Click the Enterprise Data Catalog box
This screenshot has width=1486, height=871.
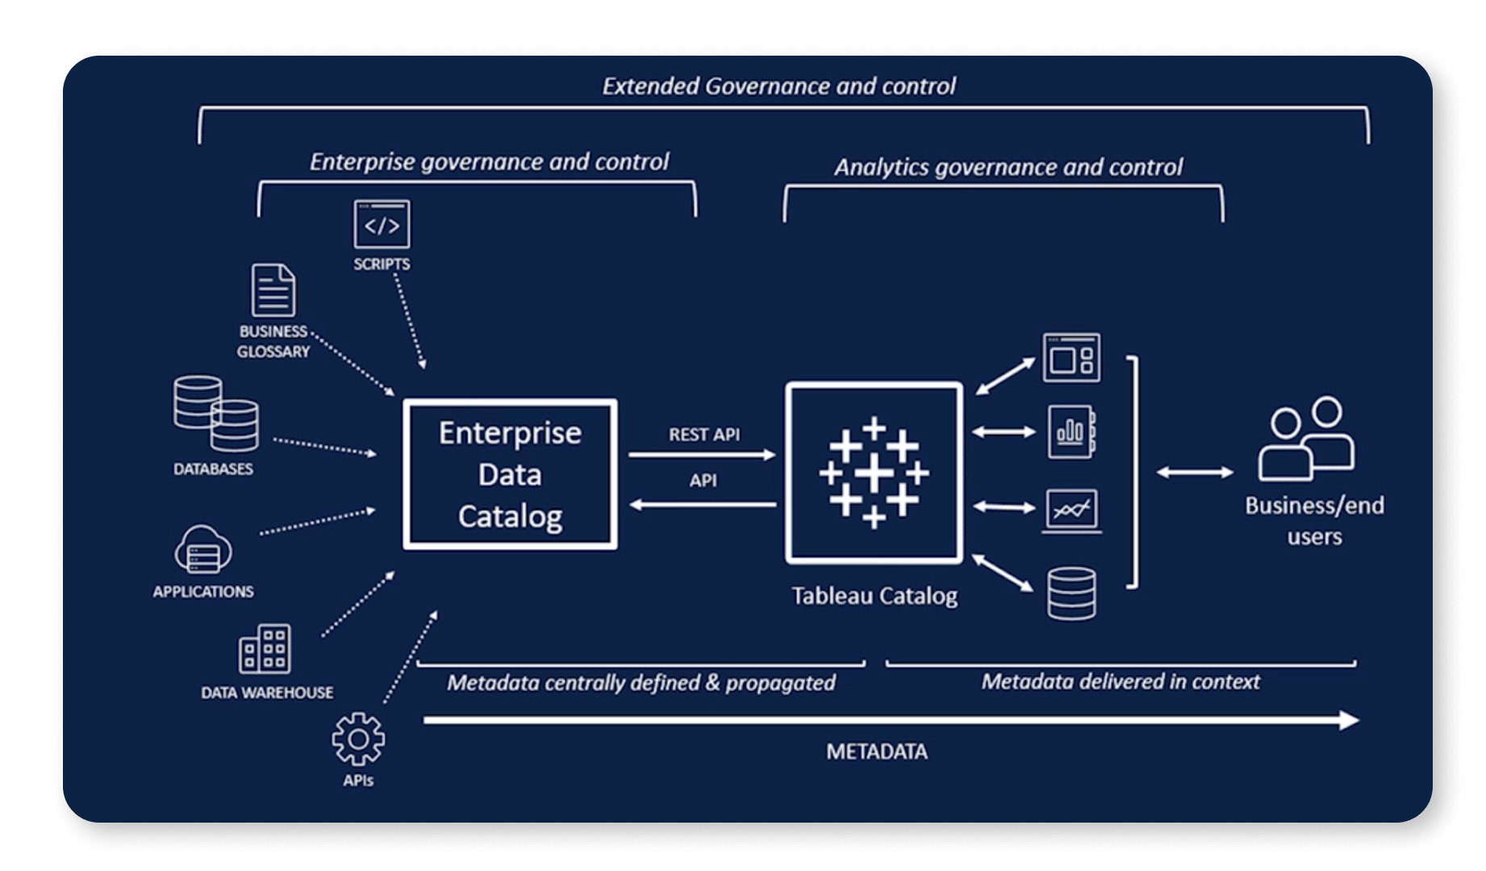(x=510, y=474)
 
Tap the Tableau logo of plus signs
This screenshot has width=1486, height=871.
(x=874, y=473)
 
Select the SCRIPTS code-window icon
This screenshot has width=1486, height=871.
(x=382, y=224)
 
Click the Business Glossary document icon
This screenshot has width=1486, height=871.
(x=273, y=290)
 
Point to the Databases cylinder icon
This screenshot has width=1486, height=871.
(x=215, y=414)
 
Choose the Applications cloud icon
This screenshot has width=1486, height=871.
(x=203, y=550)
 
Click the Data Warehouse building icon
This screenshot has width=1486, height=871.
(x=265, y=649)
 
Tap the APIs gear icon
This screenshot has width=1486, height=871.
(x=358, y=739)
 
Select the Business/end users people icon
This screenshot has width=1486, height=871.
(x=1307, y=439)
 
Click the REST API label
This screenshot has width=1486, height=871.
(x=703, y=435)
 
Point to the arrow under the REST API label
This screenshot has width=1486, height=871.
(x=702, y=456)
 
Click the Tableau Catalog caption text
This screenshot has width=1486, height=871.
(x=874, y=596)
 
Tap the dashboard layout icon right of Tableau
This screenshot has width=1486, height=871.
(x=1071, y=358)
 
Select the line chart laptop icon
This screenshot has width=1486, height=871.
(x=1071, y=511)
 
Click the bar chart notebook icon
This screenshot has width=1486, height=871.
(x=1071, y=432)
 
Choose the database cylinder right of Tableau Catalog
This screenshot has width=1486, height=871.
(x=1071, y=594)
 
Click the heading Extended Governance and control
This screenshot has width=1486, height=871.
(x=778, y=86)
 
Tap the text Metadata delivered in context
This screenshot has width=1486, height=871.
(x=1120, y=682)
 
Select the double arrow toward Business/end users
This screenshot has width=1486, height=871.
(x=1195, y=473)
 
